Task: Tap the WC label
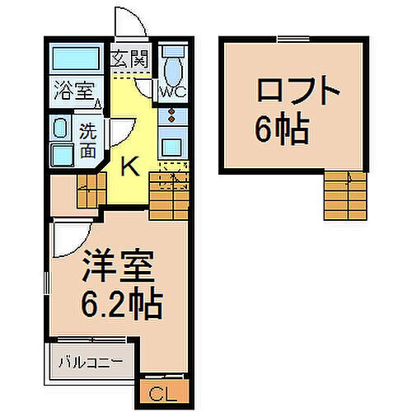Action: (173, 91)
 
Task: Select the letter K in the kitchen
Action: (129, 166)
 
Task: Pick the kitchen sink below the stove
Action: (173, 147)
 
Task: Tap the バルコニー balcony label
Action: (91, 361)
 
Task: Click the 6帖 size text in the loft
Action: (282, 128)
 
